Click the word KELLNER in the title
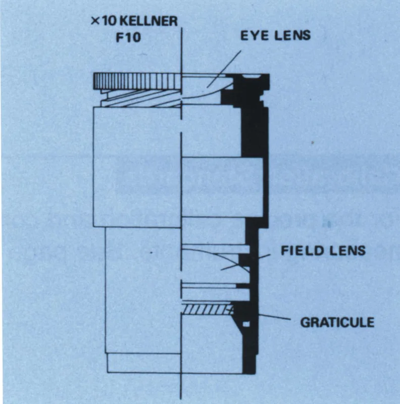(x=149, y=21)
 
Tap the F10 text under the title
(x=129, y=37)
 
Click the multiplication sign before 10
(x=95, y=21)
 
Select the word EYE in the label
(x=255, y=36)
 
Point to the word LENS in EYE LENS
(x=292, y=35)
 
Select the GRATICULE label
(x=337, y=322)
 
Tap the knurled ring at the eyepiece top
(x=137, y=81)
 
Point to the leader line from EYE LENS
(x=224, y=69)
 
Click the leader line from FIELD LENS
(x=245, y=262)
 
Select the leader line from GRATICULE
(x=274, y=317)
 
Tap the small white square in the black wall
(x=246, y=324)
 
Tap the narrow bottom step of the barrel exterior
(x=144, y=363)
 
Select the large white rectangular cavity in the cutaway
(x=222, y=187)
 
